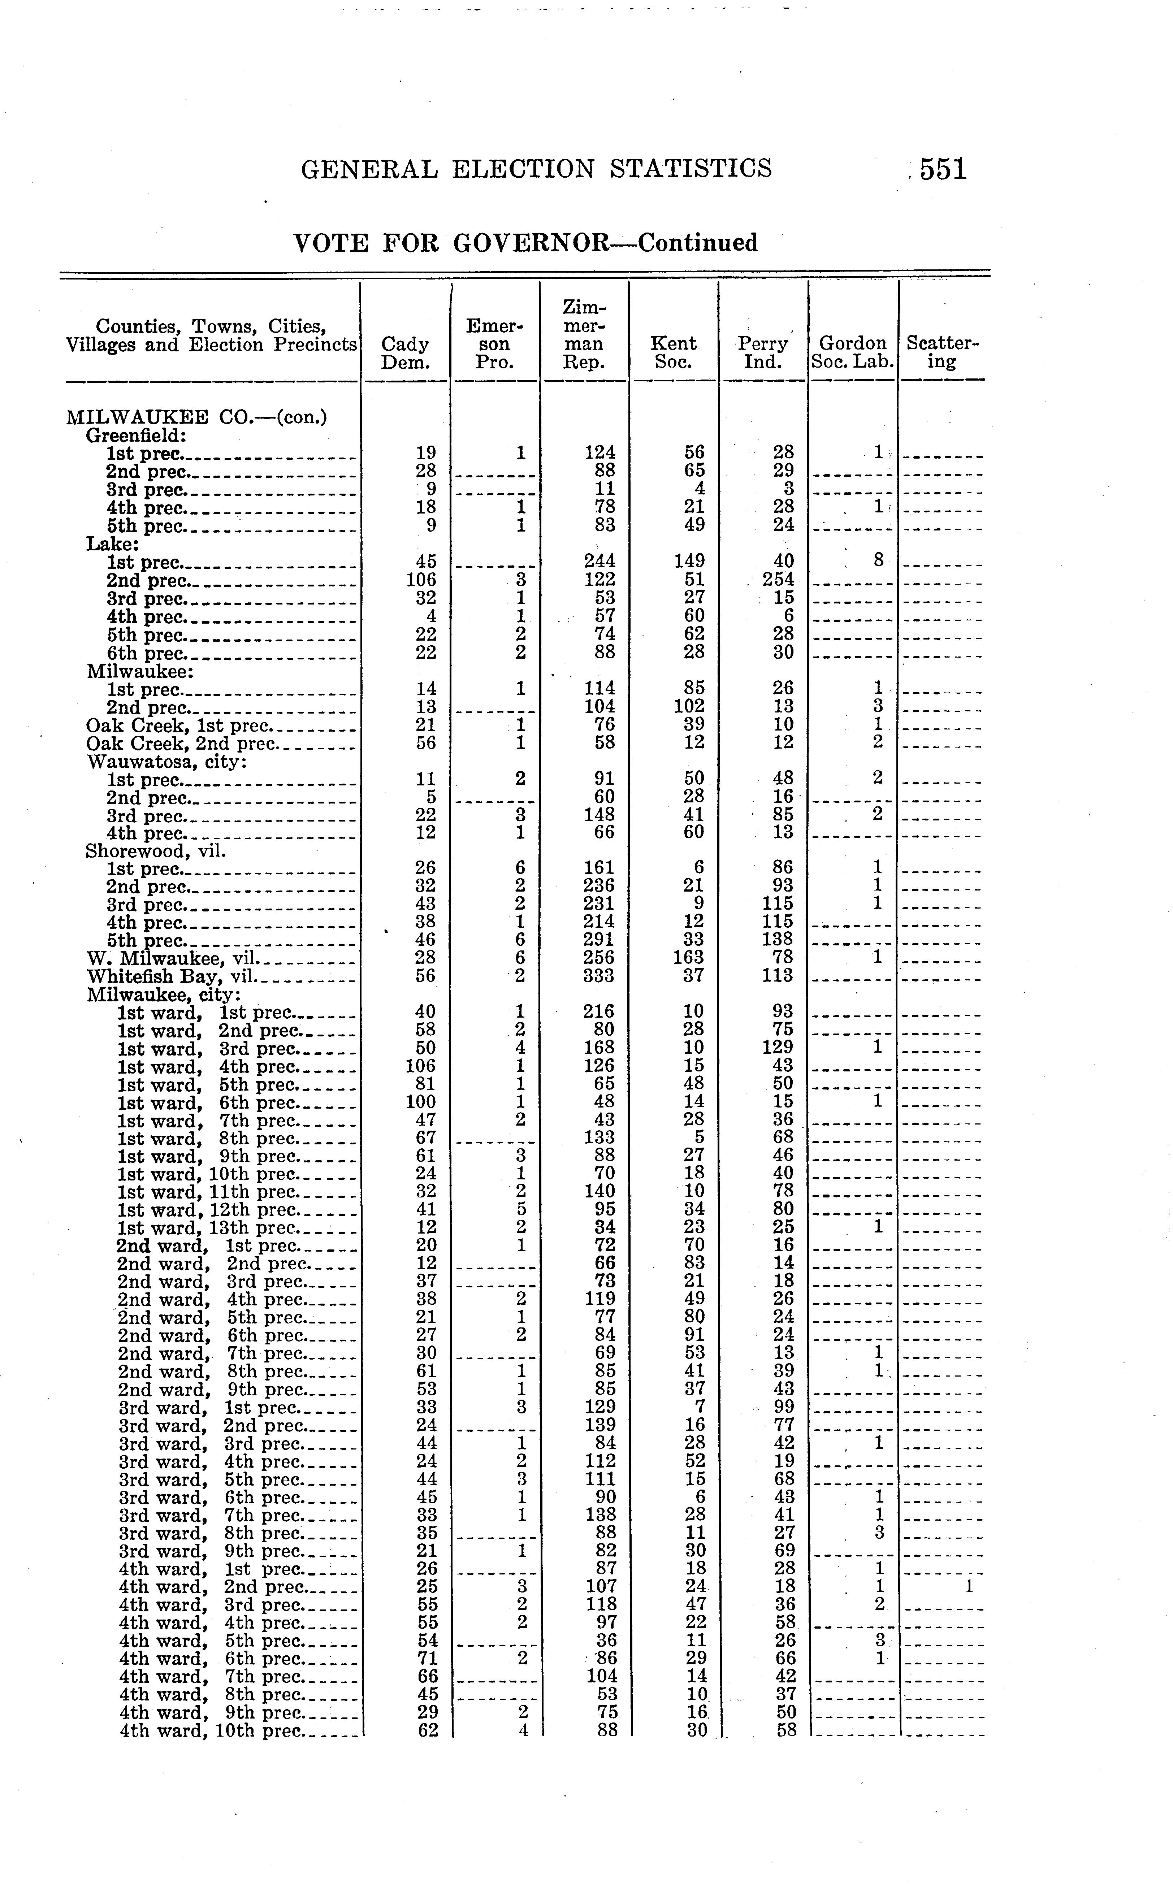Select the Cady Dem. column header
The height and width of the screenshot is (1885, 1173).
(406, 353)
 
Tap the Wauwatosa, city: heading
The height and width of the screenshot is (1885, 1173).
(167, 762)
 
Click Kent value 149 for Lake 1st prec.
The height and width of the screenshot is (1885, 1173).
(689, 561)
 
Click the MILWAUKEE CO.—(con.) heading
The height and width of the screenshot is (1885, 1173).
(196, 417)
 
